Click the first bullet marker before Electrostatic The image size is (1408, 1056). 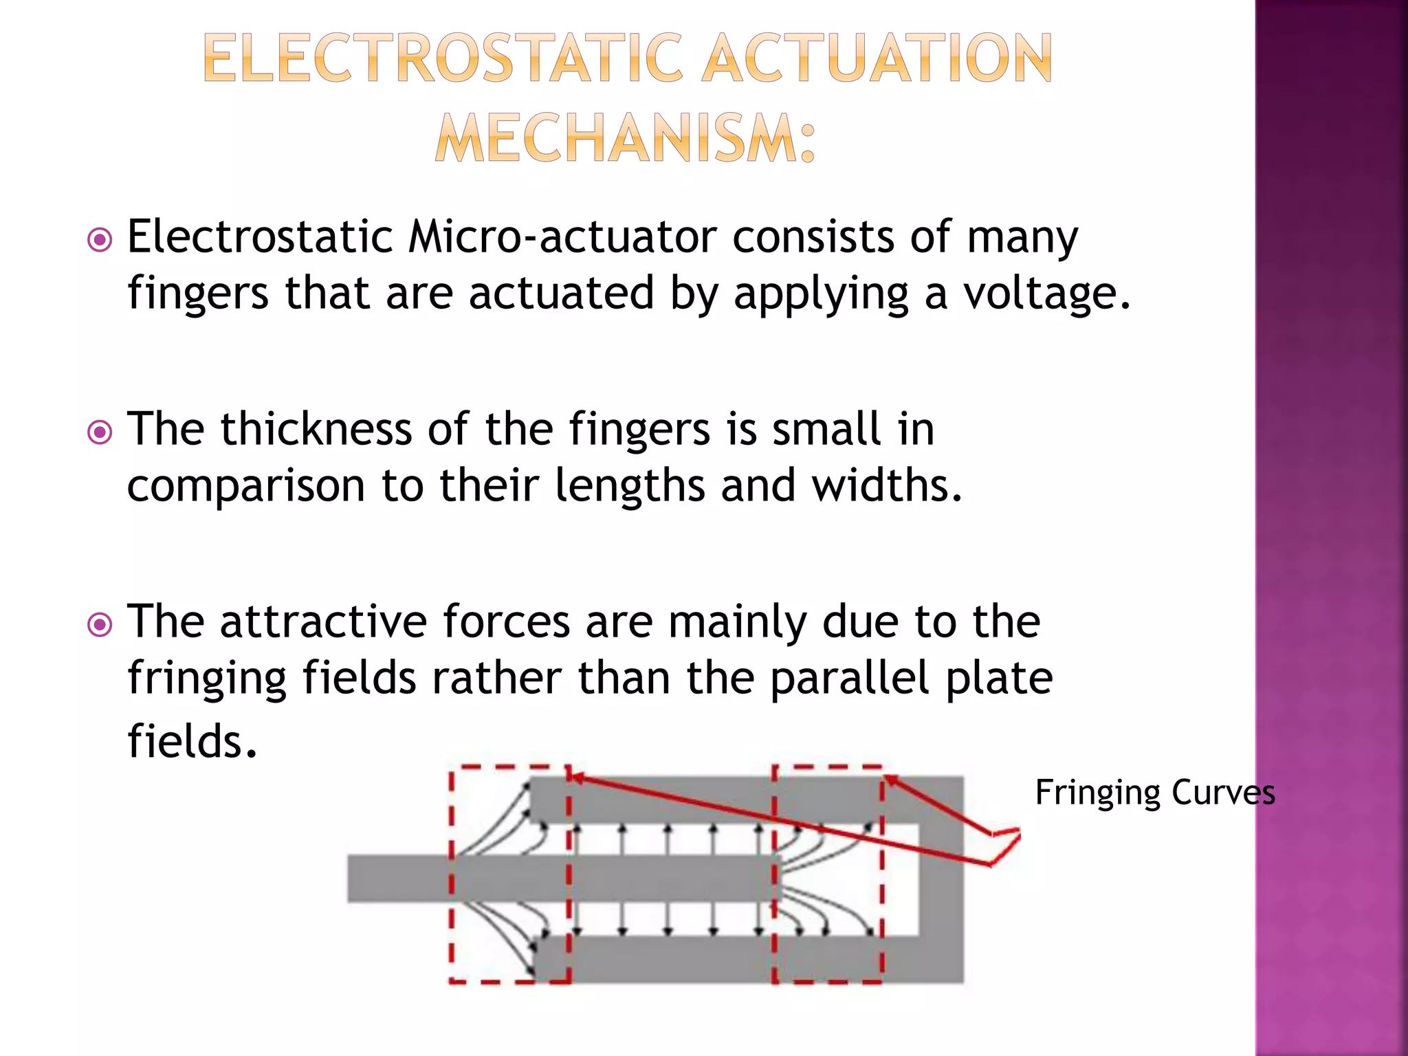[x=100, y=241]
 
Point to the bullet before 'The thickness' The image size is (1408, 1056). [x=100, y=432]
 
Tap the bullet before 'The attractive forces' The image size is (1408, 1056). [x=100, y=625]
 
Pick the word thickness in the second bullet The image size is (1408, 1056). [x=316, y=430]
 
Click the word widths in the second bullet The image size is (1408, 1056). [x=887, y=485]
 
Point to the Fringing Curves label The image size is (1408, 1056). [x=1155, y=793]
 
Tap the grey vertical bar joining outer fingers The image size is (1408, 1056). [x=942, y=879]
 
